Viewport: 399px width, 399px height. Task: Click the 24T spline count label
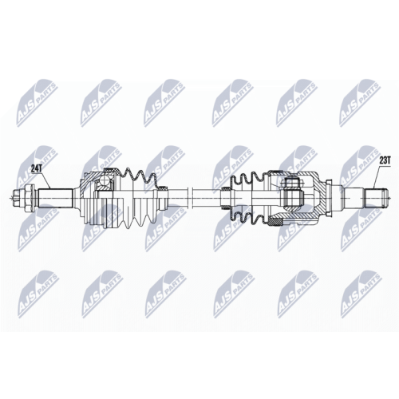(x=36, y=168)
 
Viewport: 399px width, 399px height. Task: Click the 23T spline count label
(x=385, y=160)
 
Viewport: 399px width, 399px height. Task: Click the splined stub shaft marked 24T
(x=55, y=198)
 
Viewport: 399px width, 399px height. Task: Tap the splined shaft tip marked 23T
(x=377, y=198)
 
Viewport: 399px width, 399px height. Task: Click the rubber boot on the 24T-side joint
(x=138, y=198)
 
